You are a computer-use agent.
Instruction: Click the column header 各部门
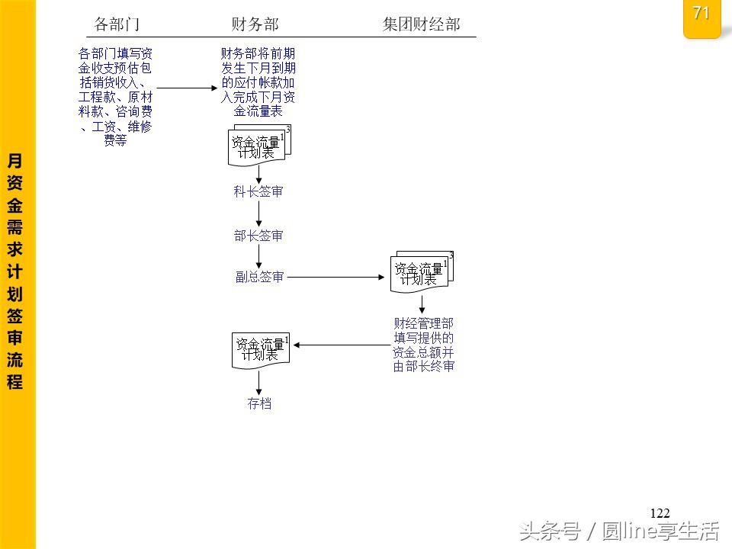[x=117, y=24]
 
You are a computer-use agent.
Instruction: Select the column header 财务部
[x=255, y=24]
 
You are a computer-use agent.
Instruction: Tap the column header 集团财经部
[x=421, y=24]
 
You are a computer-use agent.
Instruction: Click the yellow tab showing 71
[x=701, y=18]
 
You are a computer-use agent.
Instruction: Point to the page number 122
[x=660, y=513]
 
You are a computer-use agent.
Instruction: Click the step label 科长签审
[x=258, y=191]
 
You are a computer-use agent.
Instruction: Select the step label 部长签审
[x=258, y=236]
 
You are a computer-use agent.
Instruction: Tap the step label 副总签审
[x=259, y=277]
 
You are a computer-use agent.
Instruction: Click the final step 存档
[x=259, y=403]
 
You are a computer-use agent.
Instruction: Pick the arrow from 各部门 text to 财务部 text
[x=188, y=88]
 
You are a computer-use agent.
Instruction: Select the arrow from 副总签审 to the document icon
[x=335, y=277]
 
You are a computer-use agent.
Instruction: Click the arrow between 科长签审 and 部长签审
[x=258, y=213]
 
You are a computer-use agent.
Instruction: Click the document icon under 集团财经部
[x=422, y=271]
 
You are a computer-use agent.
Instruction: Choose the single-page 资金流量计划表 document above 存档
[x=261, y=351]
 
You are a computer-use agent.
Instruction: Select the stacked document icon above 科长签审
[x=259, y=145]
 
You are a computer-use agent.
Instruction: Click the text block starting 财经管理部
[x=423, y=345]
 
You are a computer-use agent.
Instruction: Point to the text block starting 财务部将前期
[x=258, y=82]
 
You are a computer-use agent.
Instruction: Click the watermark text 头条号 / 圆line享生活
[x=619, y=531]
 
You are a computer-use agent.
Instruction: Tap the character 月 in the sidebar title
[x=14, y=161]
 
